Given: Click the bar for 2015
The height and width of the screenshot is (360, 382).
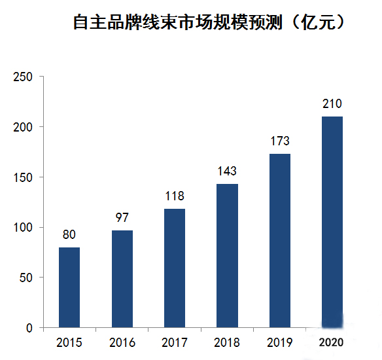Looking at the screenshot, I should click(x=69, y=287).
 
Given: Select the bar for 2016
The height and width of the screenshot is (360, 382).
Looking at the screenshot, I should click(x=122, y=279).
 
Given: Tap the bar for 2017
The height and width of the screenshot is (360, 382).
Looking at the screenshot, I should click(x=175, y=268).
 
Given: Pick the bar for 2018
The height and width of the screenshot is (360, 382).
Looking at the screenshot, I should click(x=227, y=255).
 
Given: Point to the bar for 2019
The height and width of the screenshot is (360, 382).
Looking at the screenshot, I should click(x=279, y=240).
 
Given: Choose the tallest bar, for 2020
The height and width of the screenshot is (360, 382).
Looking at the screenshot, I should click(x=332, y=222).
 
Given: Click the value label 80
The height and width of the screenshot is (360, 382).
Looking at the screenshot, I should click(x=69, y=234).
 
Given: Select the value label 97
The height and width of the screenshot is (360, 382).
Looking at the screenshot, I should click(x=122, y=217).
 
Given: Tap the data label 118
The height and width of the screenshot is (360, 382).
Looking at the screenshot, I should click(x=175, y=196).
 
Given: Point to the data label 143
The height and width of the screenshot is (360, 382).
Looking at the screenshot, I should click(x=227, y=171).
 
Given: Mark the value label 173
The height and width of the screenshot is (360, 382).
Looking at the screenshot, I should click(x=279, y=141).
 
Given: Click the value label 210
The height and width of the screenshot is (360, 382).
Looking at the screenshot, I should click(x=332, y=103).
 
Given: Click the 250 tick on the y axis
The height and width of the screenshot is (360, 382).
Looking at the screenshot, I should click(x=23, y=77).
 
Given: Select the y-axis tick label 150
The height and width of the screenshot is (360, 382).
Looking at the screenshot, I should click(x=23, y=177).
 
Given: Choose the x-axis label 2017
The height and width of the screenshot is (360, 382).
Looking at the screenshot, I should click(x=175, y=342).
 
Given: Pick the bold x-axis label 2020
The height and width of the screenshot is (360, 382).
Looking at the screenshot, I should click(x=332, y=342).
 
